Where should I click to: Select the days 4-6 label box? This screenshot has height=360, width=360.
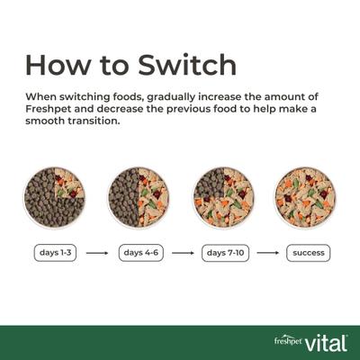point(142,253)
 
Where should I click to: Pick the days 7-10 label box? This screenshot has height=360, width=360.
point(226,253)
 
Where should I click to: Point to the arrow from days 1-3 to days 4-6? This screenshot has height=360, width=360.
point(99,253)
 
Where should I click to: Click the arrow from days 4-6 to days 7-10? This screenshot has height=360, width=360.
point(184,253)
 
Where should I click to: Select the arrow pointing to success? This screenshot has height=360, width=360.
point(268,253)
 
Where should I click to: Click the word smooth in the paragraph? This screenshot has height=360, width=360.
point(46,123)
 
